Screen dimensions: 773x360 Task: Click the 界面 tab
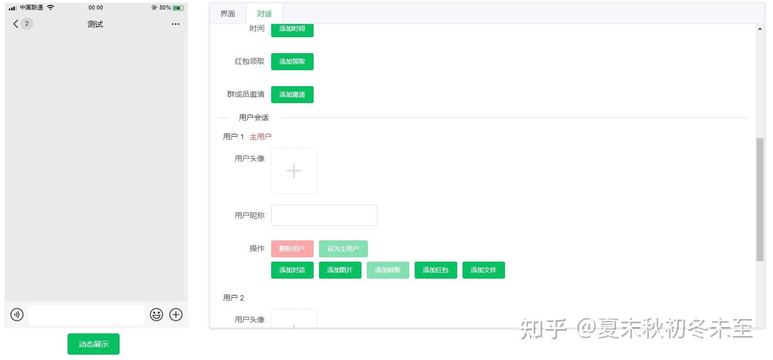tap(228, 14)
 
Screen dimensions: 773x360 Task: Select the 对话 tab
tap(264, 14)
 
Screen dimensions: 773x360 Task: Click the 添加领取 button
tap(292, 62)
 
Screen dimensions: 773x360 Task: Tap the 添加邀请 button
tap(292, 95)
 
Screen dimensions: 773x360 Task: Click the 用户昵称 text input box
tap(324, 215)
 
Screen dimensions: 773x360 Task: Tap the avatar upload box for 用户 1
tap(294, 171)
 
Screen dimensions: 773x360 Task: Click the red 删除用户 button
tap(292, 249)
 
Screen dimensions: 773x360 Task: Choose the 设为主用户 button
tap(343, 249)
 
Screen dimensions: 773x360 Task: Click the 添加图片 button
tap(340, 270)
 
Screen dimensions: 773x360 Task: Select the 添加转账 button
tap(388, 270)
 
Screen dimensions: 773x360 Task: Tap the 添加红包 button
tap(435, 270)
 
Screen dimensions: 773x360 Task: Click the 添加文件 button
tap(483, 270)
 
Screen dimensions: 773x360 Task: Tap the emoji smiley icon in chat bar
tap(156, 315)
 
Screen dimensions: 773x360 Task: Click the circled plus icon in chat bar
tap(176, 315)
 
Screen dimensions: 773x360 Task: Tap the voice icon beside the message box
tap(17, 315)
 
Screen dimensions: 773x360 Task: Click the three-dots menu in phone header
tap(175, 24)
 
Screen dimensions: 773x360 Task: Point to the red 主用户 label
tap(261, 137)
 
